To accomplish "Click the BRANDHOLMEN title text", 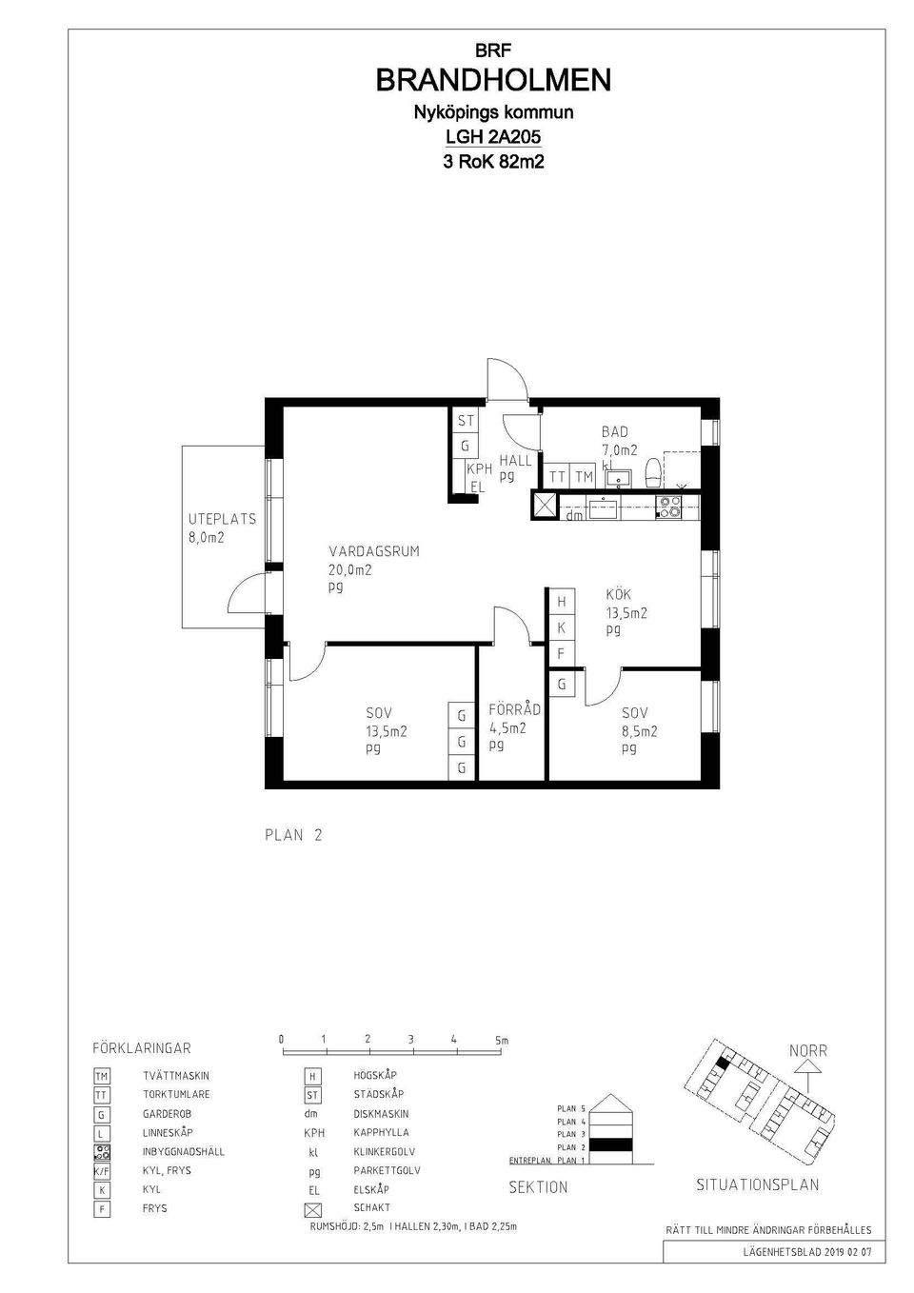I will [493, 81].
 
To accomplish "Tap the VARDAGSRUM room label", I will [373, 551].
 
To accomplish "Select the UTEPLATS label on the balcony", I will [222, 520].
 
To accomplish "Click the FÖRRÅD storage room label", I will [514, 709].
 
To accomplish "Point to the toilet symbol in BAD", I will [653, 472].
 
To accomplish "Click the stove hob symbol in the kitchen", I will [669, 507].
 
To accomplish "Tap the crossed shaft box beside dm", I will [546, 506].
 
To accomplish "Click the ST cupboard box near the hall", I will [466, 421].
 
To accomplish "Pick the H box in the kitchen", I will [561, 602].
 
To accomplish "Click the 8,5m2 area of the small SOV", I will [640, 731].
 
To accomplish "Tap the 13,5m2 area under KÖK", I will [626, 613].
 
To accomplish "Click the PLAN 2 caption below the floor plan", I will [293, 835].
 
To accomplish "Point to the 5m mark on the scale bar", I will [502, 1041].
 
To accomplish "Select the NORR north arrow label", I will [807, 1051].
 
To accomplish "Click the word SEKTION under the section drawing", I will [538, 1187].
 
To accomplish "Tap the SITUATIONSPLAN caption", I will [758, 1185].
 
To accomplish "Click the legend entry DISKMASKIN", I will [381, 1114].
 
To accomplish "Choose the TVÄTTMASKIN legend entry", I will [176, 1076].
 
